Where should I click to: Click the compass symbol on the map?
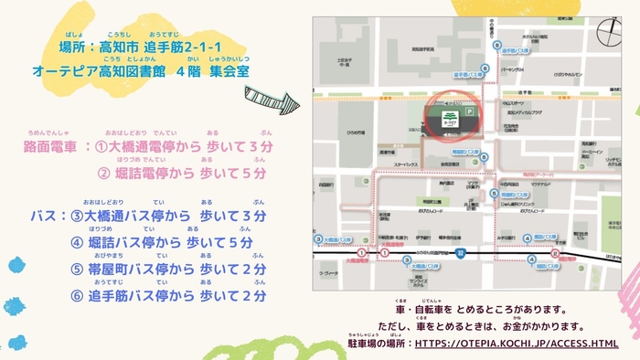(x=610, y=32)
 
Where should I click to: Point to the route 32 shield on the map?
(x=462, y=253)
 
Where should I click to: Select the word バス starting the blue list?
(x=44, y=217)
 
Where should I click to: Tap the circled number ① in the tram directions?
(x=102, y=146)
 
